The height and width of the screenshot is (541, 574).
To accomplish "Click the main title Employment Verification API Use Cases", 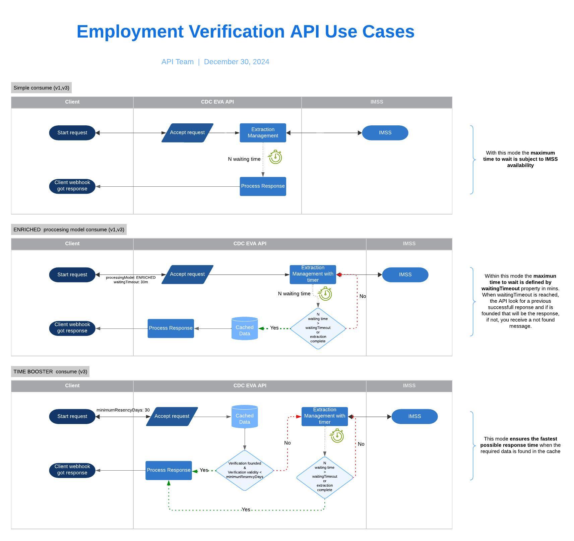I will click(x=245, y=32).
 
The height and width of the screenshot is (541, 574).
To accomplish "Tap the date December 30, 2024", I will click(x=236, y=62).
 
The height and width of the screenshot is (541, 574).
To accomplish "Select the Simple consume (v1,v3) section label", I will click(x=41, y=88).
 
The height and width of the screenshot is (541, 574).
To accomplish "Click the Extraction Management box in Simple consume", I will click(x=263, y=133).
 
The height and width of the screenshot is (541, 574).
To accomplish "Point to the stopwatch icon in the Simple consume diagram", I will click(x=275, y=157).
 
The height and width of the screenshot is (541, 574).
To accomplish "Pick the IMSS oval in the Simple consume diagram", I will click(x=385, y=133).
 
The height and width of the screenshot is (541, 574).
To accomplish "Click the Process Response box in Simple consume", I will click(x=263, y=186).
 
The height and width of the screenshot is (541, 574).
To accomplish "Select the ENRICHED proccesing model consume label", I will click(x=69, y=230).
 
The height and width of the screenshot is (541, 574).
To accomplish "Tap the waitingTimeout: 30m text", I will click(x=131, y=282).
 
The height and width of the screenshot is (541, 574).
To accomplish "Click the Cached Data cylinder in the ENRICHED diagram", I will click(x=245, y=328).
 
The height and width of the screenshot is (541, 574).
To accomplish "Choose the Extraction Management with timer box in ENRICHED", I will click(x=313, y=274).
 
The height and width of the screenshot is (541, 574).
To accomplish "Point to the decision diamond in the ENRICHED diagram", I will click(x=318, y=328).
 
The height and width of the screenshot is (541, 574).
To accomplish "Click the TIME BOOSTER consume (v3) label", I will click(x=50, y=372).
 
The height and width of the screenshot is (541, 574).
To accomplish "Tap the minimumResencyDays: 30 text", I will click(x=123, y=410).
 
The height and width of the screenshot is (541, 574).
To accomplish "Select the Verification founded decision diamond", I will click(x=245, y=470).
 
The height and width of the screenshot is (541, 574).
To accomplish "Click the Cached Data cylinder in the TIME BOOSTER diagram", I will click(x=245, y=417).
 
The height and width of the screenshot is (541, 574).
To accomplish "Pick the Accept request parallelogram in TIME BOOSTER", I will click(x=172, y=416).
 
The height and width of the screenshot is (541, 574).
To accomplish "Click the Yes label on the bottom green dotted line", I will click(x=246, y=509).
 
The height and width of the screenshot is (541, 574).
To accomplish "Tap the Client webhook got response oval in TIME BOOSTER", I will click(x=72, y=470).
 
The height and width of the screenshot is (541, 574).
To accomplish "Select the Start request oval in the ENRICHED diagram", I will click(x=72, y=275).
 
